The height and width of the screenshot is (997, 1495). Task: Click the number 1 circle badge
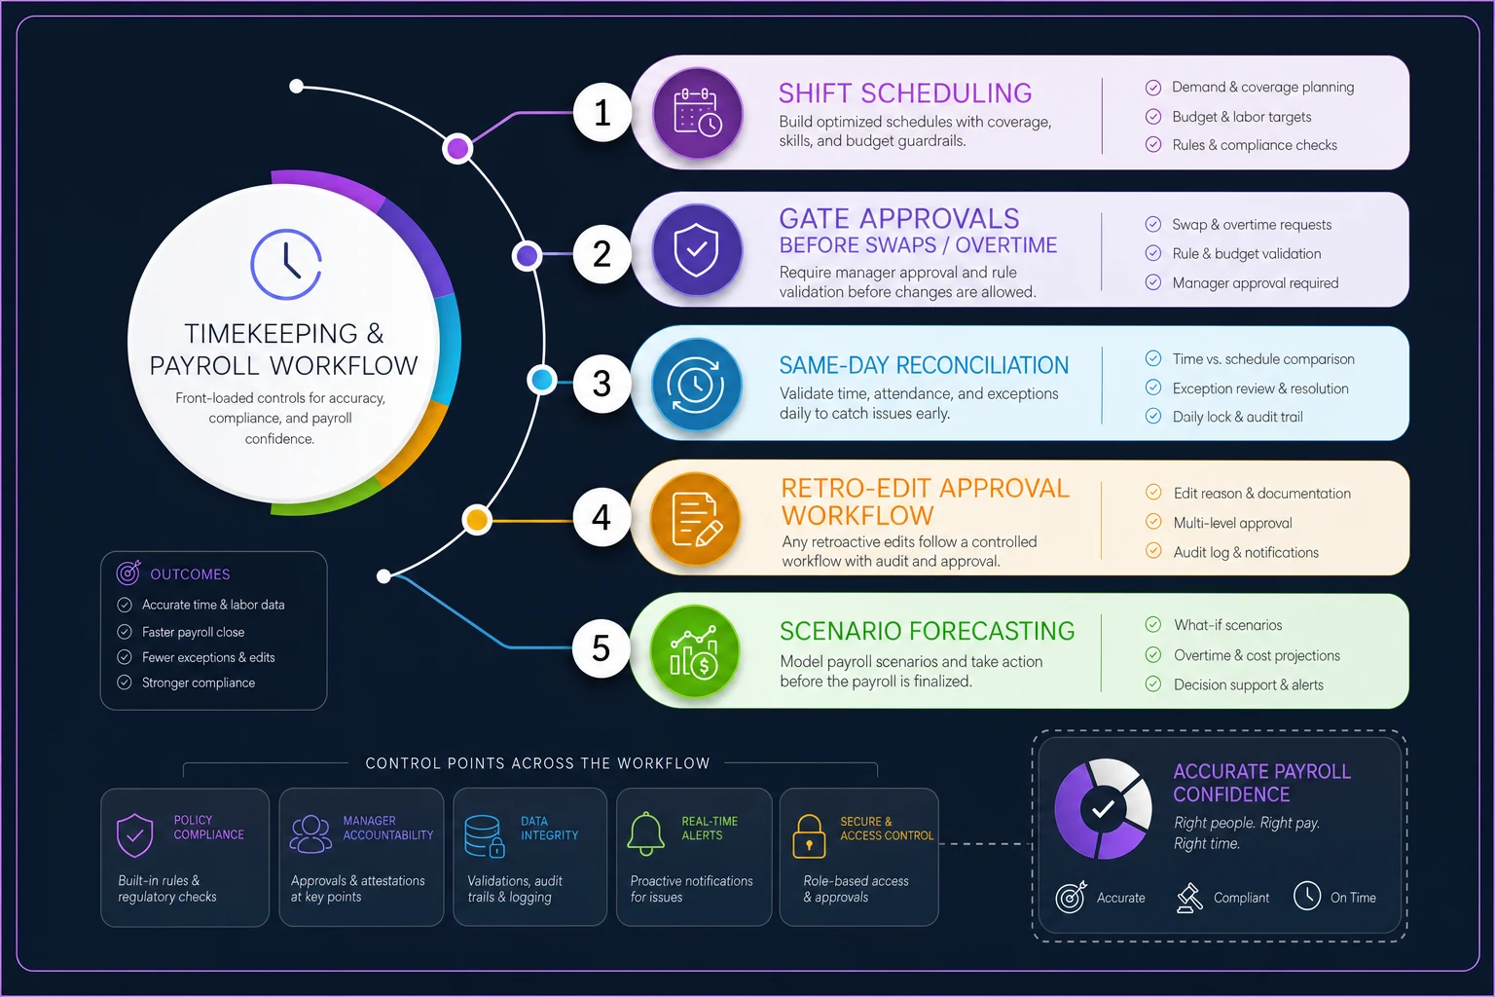(602, 112)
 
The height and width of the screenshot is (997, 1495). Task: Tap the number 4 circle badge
(602, 518)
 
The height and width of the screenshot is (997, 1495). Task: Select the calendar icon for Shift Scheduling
(698, 113)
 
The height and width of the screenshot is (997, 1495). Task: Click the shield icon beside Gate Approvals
(697, 250)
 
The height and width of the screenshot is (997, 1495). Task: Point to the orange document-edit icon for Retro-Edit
(696, 519)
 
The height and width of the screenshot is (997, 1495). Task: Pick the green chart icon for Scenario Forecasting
(695, 652)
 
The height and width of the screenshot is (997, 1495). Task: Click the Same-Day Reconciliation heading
(924, 365)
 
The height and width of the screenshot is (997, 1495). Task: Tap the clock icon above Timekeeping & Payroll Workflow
(286, 265)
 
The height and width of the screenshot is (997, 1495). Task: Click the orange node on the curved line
(477, 520)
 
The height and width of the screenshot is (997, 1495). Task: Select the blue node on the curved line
(542, 380)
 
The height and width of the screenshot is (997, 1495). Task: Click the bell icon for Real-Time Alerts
(646, 834)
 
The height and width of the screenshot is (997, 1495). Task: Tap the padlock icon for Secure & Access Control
(809, 836)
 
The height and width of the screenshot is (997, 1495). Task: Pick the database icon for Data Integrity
(485, 836)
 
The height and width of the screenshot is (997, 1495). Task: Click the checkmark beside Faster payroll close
(125, 632)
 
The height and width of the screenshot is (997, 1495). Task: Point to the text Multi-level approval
(1233, 523)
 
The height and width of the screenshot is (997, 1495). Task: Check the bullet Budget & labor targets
(1241, 117)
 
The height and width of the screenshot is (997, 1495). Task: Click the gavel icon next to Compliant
(1189, 898)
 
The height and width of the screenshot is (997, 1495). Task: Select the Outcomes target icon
(128, 572)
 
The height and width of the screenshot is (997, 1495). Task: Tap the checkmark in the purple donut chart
(1103, 809)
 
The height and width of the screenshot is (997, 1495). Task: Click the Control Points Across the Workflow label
(537, 763)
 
